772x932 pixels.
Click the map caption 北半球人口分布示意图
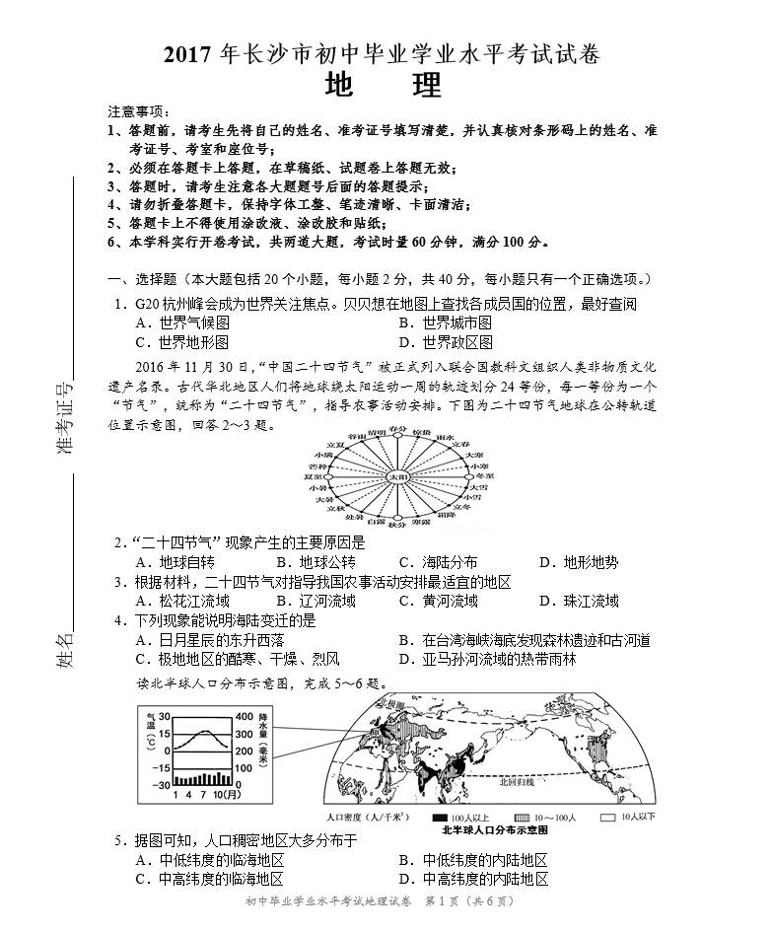tap(502, 830)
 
